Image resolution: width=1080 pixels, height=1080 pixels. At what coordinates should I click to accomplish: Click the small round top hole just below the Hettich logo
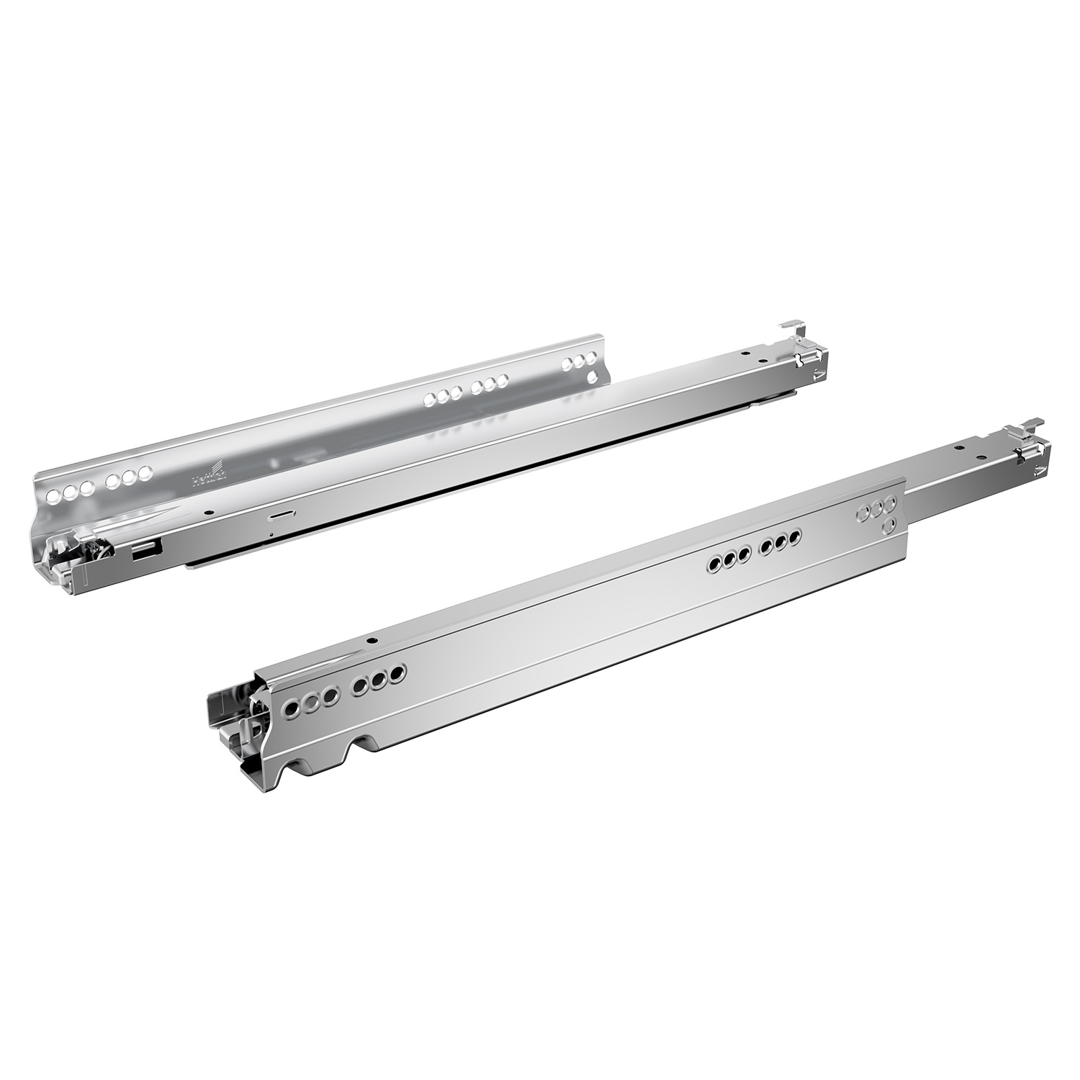[x=208, y=512]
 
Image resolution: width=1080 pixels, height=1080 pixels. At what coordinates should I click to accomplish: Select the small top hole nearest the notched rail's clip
[x=961, y=448]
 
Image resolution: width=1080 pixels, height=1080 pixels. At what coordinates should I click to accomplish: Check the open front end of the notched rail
[x=230, y=713]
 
